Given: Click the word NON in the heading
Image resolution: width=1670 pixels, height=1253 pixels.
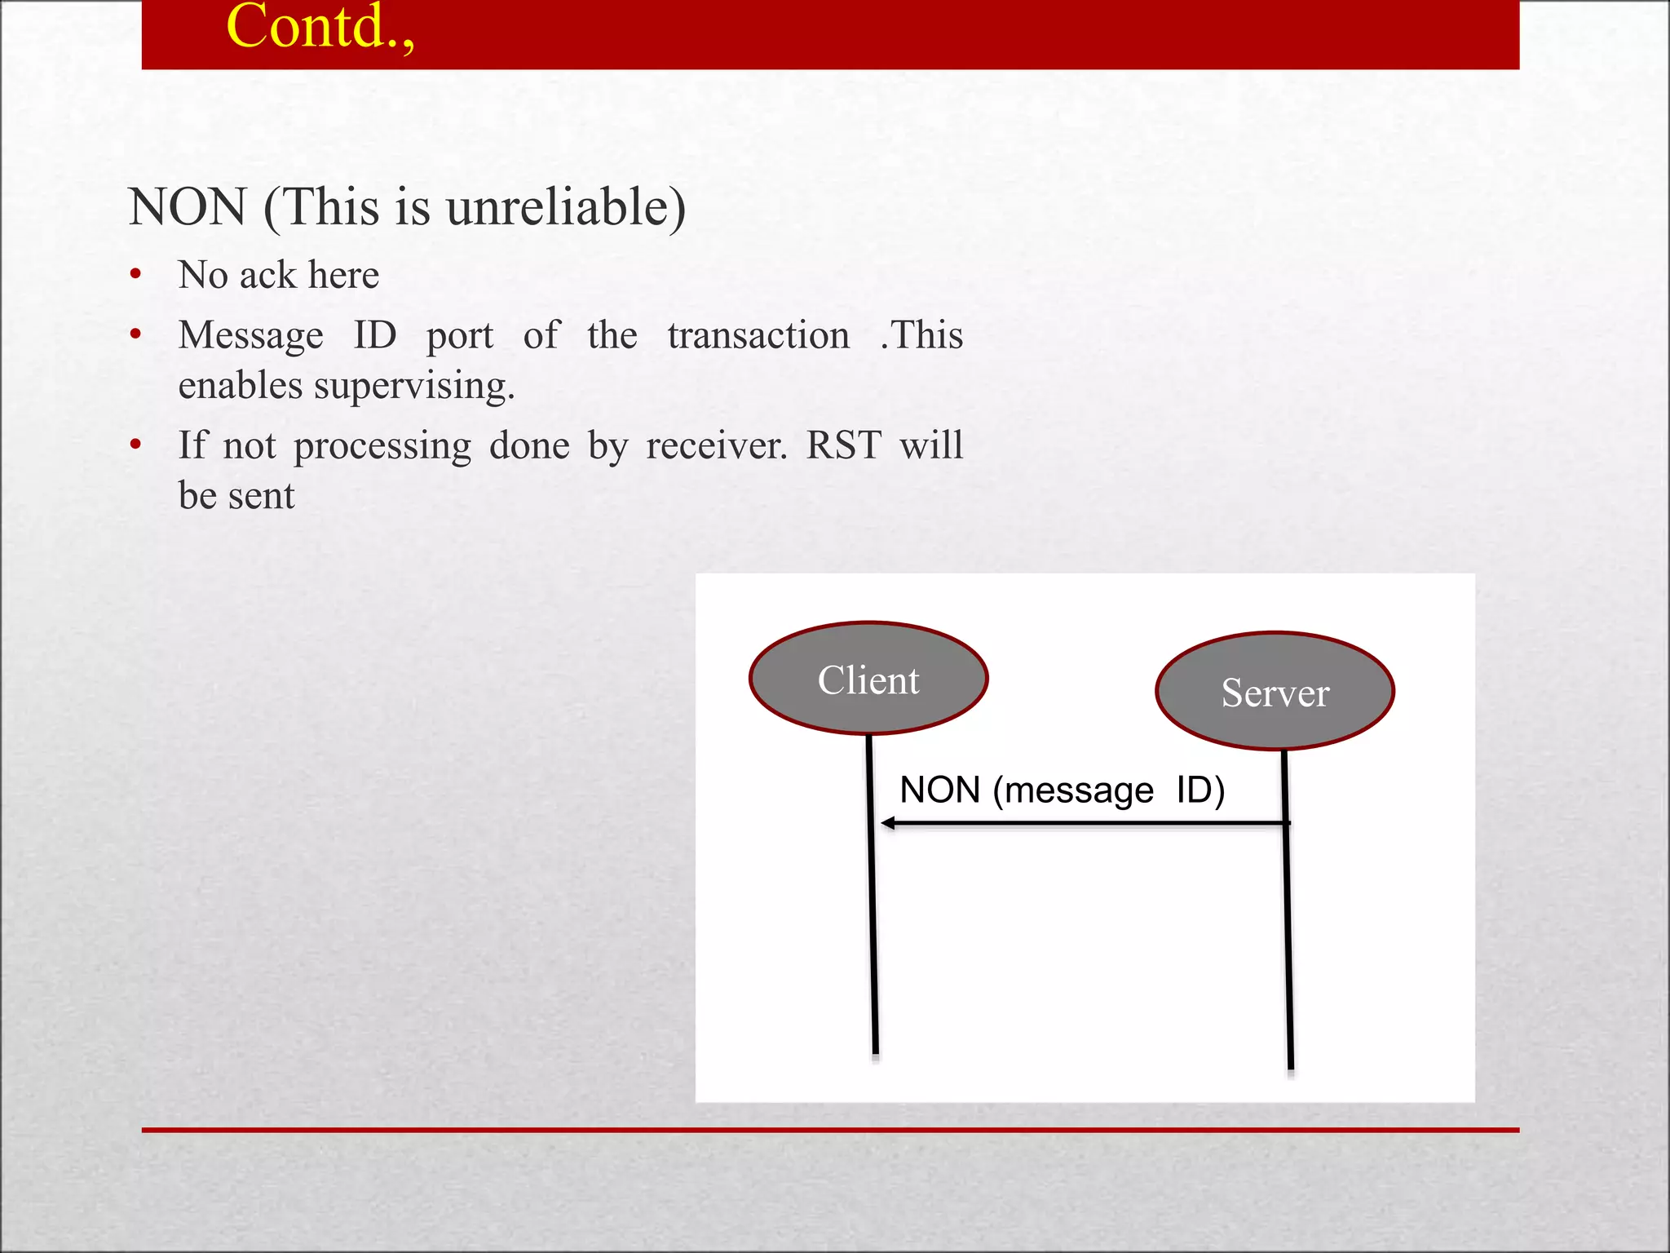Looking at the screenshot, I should (188, 207).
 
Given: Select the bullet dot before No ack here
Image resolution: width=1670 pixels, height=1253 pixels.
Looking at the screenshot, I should (135, 275).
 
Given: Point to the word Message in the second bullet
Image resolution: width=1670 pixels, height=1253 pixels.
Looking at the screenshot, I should (250, 336).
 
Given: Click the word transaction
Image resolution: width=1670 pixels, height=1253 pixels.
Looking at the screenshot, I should (758, 336).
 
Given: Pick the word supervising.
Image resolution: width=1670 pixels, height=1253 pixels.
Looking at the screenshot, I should (414, 387).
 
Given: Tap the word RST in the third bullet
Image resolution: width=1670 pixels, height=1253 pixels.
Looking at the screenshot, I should (843, 446).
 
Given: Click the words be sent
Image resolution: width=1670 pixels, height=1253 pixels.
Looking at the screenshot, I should (236, 496).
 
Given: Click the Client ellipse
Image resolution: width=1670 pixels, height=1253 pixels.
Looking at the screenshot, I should (868, 679).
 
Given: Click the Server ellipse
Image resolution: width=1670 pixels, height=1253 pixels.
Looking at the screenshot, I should (1275, 692).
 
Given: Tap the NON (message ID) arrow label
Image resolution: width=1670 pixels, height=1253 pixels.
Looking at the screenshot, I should (1062, 790).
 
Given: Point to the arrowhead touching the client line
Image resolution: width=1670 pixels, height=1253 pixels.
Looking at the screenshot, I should (888, 823).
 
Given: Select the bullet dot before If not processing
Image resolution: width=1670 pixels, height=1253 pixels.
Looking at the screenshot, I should (135, 445).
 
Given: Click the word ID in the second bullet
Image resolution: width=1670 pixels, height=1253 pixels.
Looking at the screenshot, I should (375, 336).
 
